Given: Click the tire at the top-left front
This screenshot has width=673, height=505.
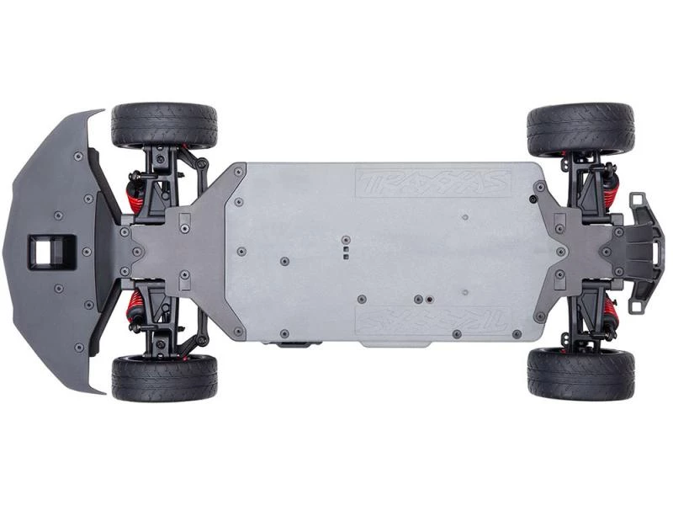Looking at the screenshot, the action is tap(164, 125).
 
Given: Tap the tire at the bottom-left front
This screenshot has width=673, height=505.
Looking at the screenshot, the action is tap(164, 378).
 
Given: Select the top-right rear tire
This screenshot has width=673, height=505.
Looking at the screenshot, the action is tap(580, 128).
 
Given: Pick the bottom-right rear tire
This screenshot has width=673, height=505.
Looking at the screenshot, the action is tap(580, 374).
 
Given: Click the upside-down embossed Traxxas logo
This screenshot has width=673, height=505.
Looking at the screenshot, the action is tap(433, 321).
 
